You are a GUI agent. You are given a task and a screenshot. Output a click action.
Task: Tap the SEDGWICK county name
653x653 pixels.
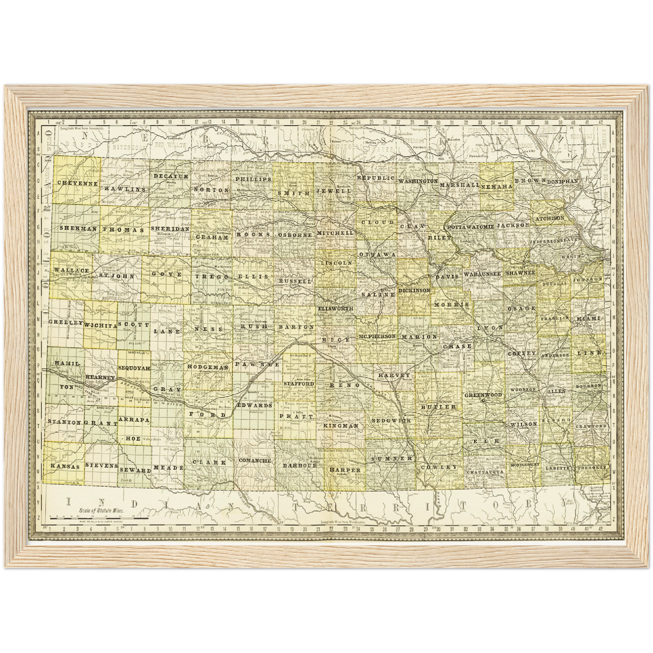[391, 420]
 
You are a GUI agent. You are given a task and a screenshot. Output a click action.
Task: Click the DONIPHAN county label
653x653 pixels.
[563, 181]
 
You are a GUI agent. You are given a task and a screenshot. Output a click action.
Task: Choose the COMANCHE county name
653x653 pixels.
[254, 461]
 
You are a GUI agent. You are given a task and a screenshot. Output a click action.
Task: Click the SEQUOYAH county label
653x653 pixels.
[134, 368]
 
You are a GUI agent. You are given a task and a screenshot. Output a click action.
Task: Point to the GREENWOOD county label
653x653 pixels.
[484, 395]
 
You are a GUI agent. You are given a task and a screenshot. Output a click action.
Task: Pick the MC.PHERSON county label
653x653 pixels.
[377, 337]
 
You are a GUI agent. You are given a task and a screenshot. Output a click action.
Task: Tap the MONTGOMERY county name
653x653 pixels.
[525, 464]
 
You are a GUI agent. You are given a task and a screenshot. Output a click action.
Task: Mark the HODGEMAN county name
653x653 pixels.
[208, 368]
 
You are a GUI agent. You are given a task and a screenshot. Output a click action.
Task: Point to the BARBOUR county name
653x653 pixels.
[301, 465]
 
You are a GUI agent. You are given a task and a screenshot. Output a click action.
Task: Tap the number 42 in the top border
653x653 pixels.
[600, 122]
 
